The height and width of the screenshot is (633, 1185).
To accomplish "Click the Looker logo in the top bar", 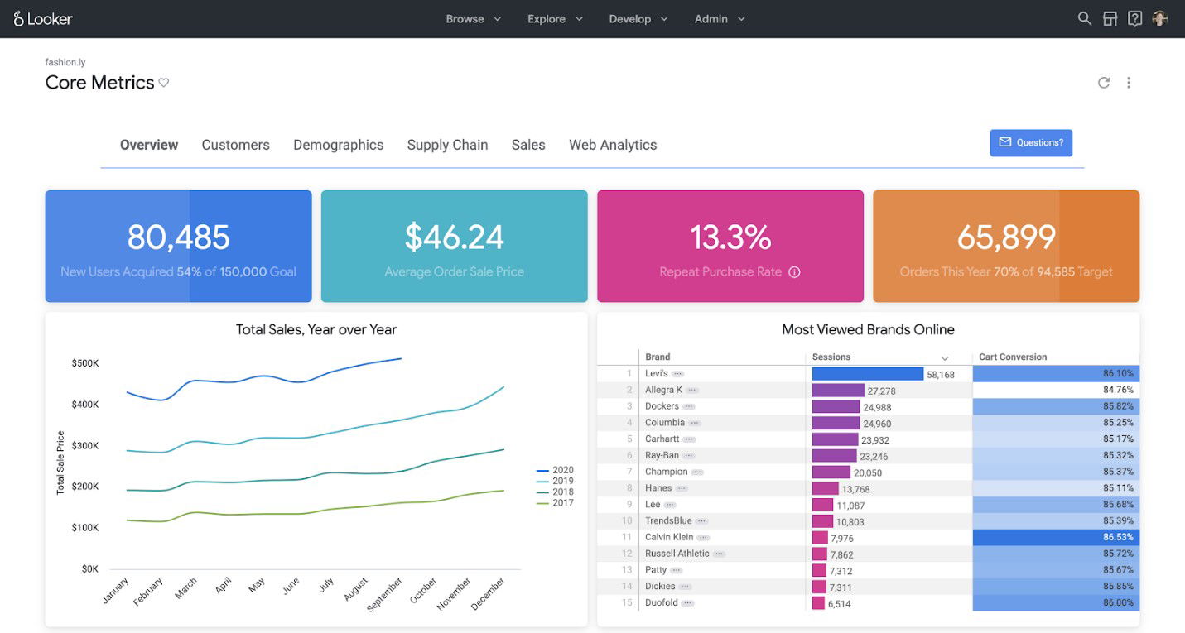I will [x=43, y=18].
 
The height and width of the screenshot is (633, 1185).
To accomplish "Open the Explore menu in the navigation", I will [x=555, y=19].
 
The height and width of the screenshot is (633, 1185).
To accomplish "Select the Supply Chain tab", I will [x=447, y=145].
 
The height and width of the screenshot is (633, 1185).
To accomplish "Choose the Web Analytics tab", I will [x=612, y=145].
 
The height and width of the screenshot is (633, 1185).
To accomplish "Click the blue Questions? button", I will [x=1031, y=142].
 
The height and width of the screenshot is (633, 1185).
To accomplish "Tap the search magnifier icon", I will [x=1084, y=18].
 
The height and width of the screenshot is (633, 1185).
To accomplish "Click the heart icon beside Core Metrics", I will [x=164, y=83].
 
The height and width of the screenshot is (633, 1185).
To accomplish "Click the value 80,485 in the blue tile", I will [x=178, y=237].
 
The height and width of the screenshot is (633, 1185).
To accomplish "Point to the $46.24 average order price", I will [x=454, y=237].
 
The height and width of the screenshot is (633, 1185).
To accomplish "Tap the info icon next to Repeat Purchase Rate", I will [x=794, y=272].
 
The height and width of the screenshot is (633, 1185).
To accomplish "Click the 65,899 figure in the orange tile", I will [x=1006, y=237].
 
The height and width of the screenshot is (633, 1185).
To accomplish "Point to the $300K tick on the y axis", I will [x=85, y=446].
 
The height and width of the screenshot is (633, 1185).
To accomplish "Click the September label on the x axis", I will [x=385, y=593].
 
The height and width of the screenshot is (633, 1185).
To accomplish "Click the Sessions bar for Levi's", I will [x=867, y=374].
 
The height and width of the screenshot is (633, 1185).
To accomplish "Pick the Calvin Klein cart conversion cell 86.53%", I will [x=1055, y=537].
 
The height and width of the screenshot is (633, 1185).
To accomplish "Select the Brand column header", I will [x=658, y=357].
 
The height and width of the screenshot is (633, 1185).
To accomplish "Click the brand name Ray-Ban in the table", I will [x=662, y=455].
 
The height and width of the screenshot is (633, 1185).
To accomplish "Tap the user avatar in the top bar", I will [x=1159, y=18].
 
